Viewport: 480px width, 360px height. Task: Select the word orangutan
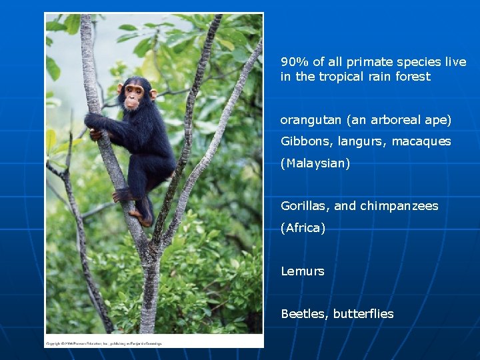(310, 121)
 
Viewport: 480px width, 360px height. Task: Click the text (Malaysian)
(315, 163)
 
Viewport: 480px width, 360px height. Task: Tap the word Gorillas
(303, 206)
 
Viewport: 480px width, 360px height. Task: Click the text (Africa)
(303, 228)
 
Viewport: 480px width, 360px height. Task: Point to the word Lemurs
(302, 271)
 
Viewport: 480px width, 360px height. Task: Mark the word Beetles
(303, 314)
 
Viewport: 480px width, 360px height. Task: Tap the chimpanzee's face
(134, 95)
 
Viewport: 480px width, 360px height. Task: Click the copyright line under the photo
(103, 344)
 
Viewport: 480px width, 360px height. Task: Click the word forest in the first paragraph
(412, 77)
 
